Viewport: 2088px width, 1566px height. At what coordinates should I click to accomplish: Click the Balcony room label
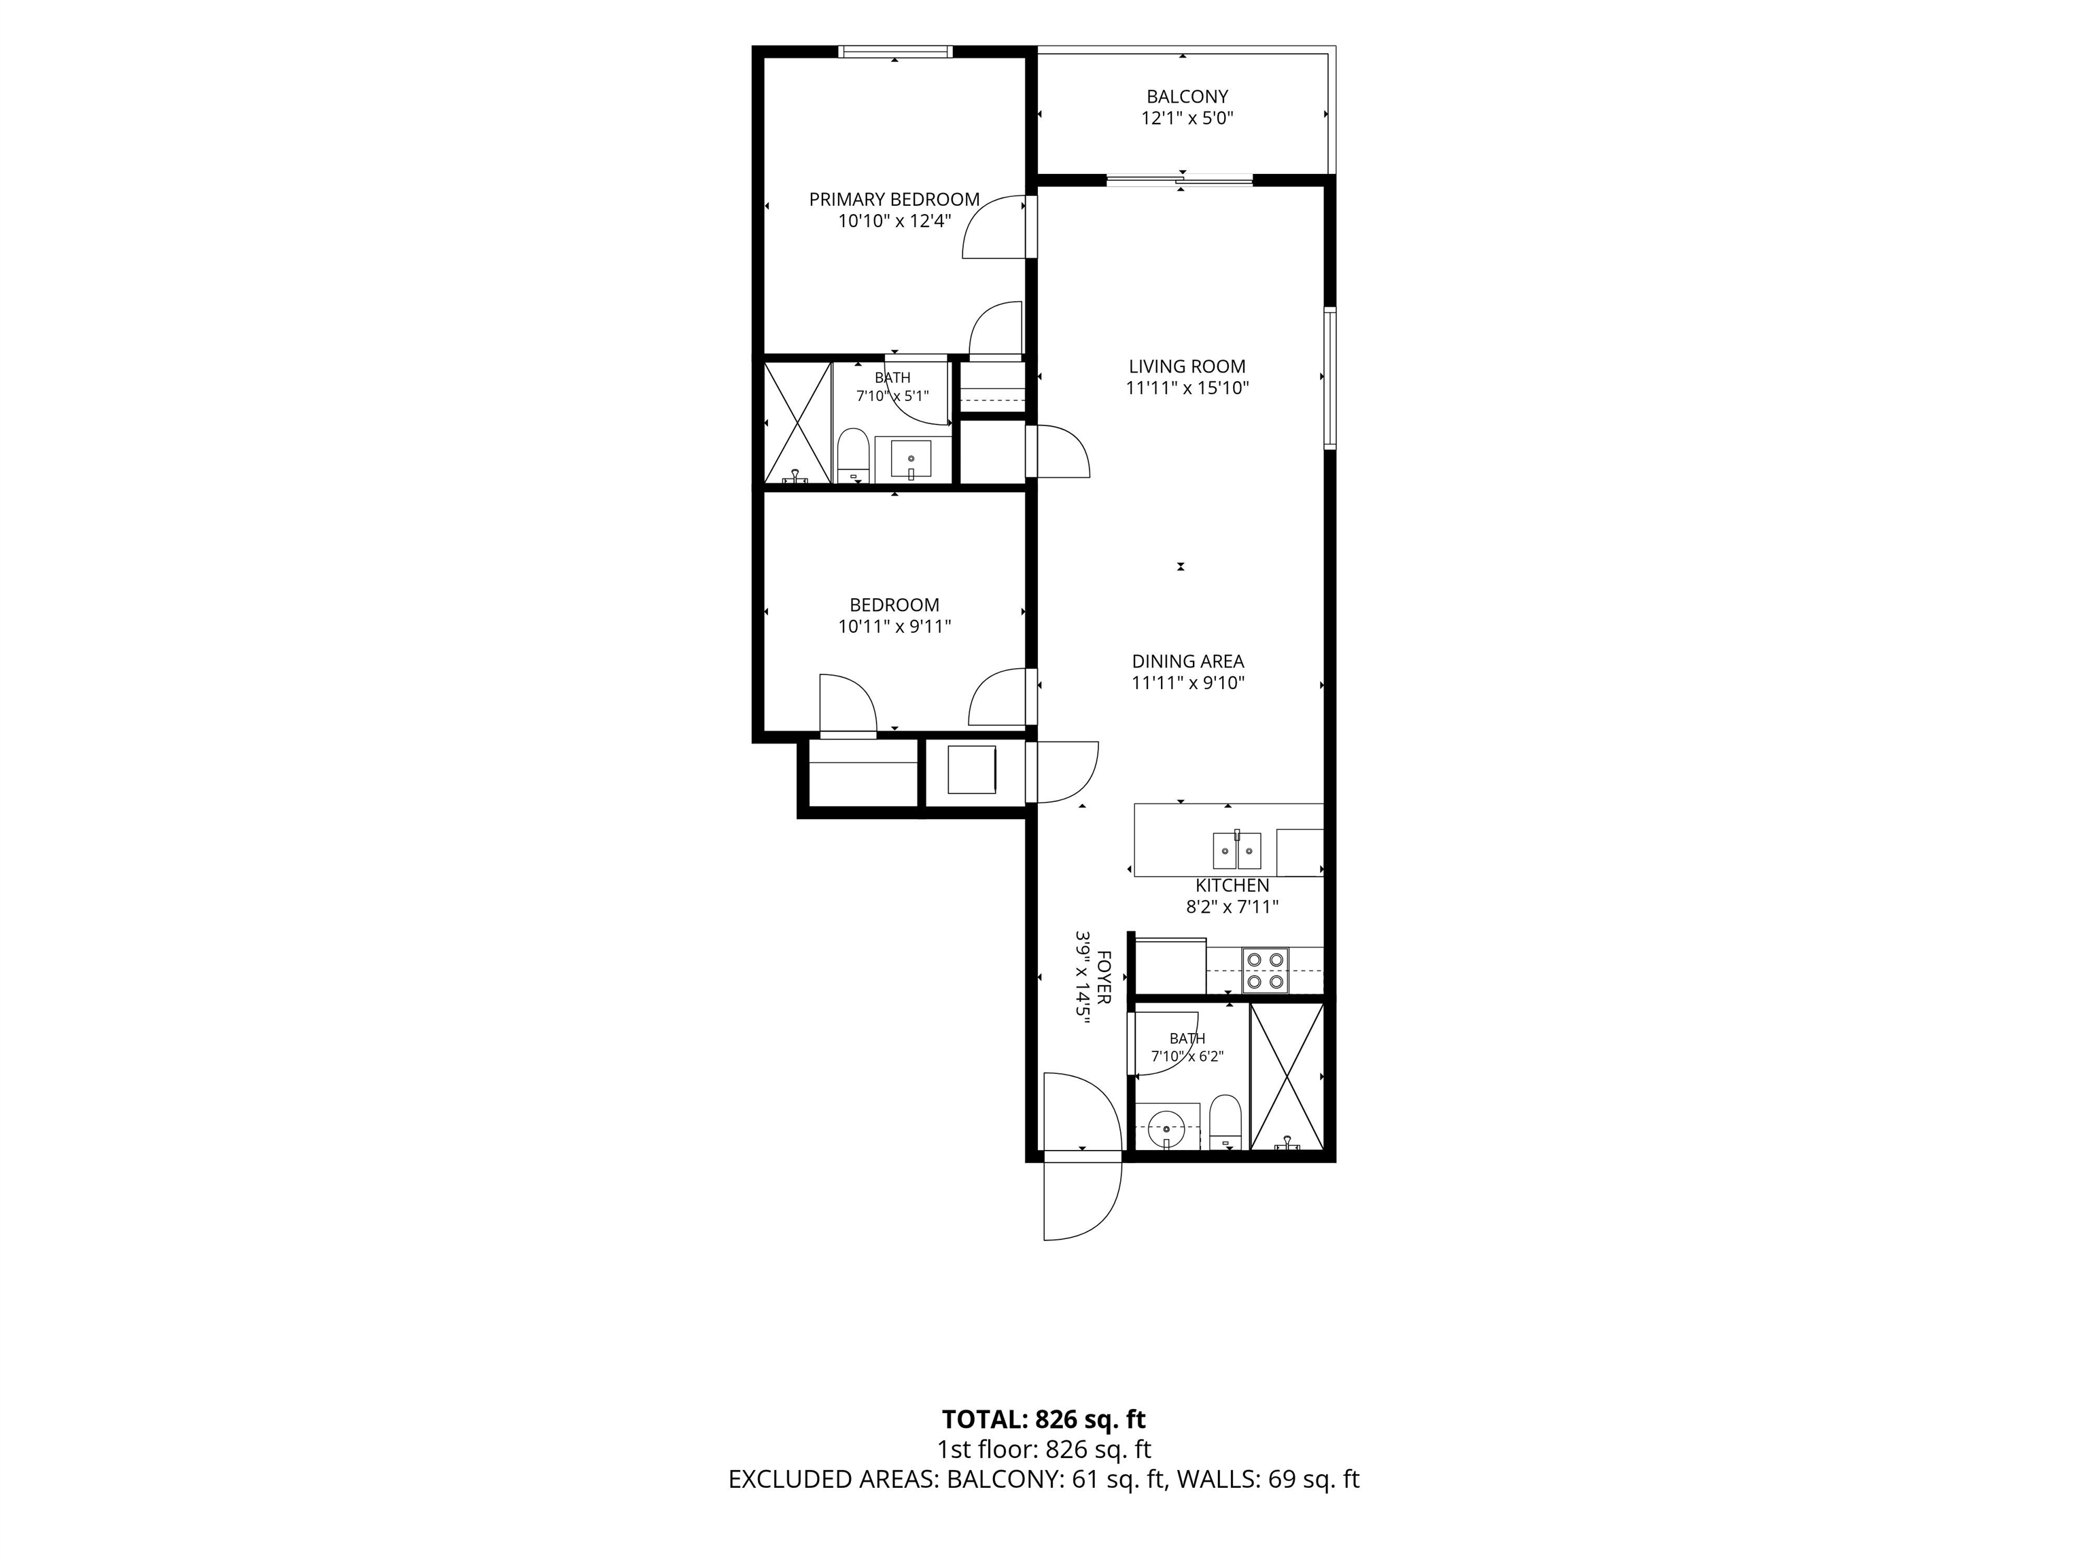click(x=1187, y=97)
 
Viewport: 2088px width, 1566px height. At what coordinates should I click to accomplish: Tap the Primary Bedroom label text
click(x=894, y=199)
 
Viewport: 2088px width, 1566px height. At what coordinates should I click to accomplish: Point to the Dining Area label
click(x=1187, y=662)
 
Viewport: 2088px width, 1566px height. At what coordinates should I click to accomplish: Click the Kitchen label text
click(x=1232, y=886)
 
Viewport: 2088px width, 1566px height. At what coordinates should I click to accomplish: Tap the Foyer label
click(x=1104, y=978)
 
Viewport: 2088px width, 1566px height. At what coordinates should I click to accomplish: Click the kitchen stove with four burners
click(x=1265, y=971)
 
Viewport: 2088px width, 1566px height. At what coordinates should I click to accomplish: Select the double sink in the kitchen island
click(x=1236, y=850)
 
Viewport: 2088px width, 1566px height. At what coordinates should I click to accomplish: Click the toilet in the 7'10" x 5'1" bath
click(x=853, y=455)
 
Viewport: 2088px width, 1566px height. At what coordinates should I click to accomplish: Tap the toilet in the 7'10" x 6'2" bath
click(x=1225, y=1121)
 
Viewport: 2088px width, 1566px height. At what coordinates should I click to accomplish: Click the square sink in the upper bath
click(x=911, y=459)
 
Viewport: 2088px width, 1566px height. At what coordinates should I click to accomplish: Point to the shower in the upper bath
click(x=798, y=423)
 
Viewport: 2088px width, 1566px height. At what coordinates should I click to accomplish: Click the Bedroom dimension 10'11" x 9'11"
click(x=894, y=627)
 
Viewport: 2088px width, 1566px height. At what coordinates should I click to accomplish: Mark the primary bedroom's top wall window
click(x=896, y=51)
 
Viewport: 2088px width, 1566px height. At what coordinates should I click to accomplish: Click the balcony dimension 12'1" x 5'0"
click(x=1187, y=119)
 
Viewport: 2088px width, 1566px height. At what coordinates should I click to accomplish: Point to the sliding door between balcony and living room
click(x=1180, y=179)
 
